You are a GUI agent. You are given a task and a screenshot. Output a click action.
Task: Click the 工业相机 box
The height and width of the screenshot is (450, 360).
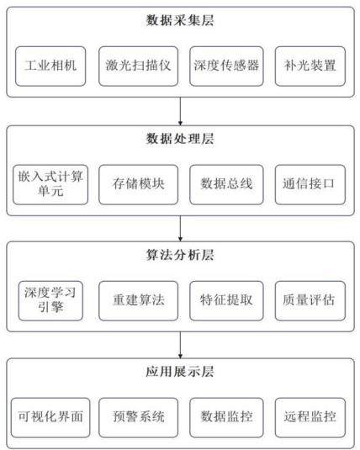click(50, 66)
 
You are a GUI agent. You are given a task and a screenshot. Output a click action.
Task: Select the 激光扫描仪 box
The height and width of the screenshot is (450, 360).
click(139, 66)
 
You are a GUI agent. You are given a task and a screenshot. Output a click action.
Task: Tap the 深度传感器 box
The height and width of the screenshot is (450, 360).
click(226, 66)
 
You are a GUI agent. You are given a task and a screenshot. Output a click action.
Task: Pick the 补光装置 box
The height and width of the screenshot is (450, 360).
click(310, 66)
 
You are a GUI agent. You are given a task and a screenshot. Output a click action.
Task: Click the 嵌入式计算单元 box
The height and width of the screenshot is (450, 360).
click(50, 184)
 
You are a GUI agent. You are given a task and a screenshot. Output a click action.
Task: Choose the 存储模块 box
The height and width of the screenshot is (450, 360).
click(139, 184)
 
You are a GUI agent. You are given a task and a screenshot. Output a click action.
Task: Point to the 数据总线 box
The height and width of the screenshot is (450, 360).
click(226, 184)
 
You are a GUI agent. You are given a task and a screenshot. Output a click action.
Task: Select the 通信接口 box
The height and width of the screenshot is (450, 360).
click(310, 184)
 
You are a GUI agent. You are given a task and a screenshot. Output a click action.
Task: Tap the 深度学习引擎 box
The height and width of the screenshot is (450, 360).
click(50, 301)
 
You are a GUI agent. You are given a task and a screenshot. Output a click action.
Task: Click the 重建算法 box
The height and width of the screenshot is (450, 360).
click(139, 301)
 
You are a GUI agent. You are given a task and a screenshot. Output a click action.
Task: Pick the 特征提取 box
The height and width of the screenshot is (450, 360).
click(226, 301)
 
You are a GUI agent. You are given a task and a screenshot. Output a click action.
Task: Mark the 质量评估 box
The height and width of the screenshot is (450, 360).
click(310, 301)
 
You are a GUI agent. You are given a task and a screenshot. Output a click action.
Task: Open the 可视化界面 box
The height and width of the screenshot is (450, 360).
click(50, 417)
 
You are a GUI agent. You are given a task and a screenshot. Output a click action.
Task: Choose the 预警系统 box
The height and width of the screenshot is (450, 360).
click(139, 417)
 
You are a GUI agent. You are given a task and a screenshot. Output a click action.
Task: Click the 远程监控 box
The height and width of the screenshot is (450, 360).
click(310, 417)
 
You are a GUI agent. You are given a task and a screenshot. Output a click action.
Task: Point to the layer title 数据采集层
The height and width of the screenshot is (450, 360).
click(180, 21)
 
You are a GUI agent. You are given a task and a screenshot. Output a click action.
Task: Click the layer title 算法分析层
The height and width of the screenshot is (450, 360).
click(180, 255)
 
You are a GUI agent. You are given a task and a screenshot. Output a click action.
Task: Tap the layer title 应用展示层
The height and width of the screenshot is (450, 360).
click(180, 372)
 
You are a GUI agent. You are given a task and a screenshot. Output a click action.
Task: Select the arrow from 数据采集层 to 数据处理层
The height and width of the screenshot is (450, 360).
click(180, 111)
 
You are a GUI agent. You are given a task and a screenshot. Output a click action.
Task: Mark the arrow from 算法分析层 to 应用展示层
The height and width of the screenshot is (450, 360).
click(180, 345)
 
